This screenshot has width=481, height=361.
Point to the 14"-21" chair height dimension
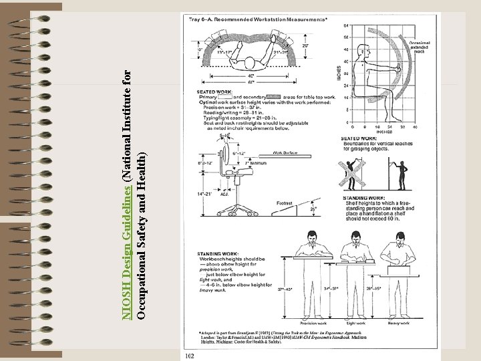[203, 194]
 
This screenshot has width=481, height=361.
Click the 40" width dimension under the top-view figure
[251, 76]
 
